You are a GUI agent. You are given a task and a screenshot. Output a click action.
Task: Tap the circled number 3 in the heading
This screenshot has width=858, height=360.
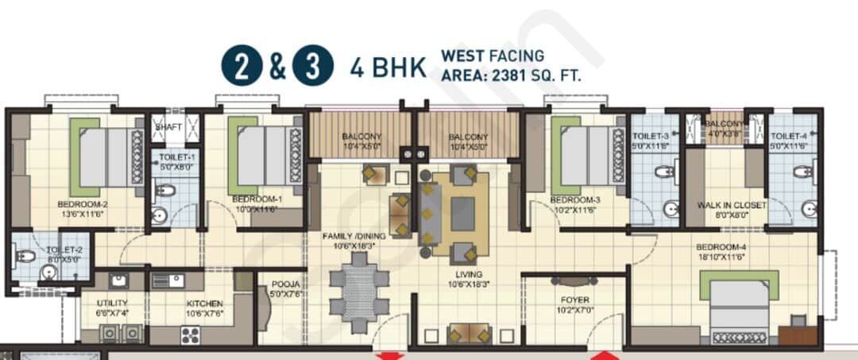[312, 67]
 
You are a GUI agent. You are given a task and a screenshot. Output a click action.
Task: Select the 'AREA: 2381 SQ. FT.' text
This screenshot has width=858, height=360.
[511, 75]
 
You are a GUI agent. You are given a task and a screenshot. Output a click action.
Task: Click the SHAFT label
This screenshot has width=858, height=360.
[169, 126]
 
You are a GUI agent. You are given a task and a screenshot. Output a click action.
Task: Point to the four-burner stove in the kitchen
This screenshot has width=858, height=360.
[190, 335]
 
